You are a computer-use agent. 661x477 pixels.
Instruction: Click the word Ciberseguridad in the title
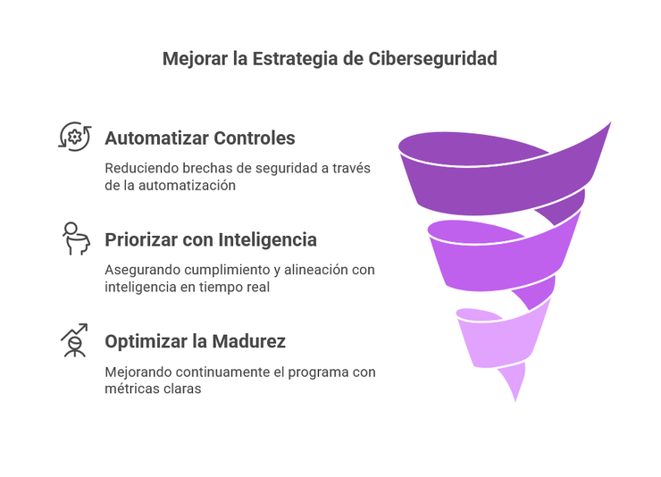[x=432, y=59]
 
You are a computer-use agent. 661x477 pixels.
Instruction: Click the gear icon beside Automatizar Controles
[x=75, y=137]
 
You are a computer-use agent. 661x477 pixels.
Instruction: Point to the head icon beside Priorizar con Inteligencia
[x=76, y=238]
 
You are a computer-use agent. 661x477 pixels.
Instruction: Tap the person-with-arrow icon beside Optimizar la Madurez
[x=75, y=340]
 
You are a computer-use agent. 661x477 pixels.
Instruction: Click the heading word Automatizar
[x=157, y=138]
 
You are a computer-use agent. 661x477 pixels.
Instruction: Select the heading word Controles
[x=255, y=138]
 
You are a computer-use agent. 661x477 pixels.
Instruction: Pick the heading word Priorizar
[x=141, y=239]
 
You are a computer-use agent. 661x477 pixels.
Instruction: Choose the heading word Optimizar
[x=146, y=342]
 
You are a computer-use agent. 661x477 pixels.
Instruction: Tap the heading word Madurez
[x=248, y=342]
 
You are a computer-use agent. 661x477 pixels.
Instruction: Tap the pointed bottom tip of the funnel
[x=515, y=399]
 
